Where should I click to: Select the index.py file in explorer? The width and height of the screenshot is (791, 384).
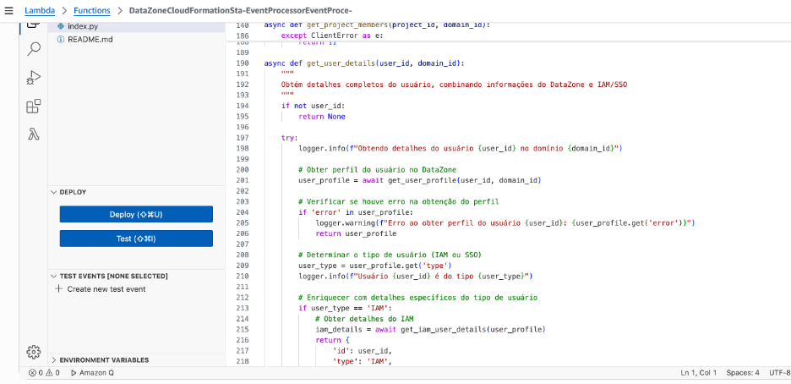pos(83,27)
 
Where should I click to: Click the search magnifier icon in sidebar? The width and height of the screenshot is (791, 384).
pos(34,49)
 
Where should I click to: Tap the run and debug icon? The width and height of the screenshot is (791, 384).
pos(34,78)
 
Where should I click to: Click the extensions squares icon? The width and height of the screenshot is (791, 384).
pos(34,106)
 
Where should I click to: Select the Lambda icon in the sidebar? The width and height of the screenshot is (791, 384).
pos(34,134)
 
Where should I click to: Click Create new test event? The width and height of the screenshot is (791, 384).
pos(106,289)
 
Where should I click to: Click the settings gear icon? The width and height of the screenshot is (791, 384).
pos(34,351)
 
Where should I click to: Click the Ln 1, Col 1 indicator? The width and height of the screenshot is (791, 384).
pos(699,372)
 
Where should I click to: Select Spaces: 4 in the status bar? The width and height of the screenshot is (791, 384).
pos(745,372)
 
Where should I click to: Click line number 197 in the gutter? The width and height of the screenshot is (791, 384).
pos(243,137)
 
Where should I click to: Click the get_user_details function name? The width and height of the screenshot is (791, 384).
pos(334,63)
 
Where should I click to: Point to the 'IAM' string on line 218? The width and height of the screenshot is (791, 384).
pos(375,361)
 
